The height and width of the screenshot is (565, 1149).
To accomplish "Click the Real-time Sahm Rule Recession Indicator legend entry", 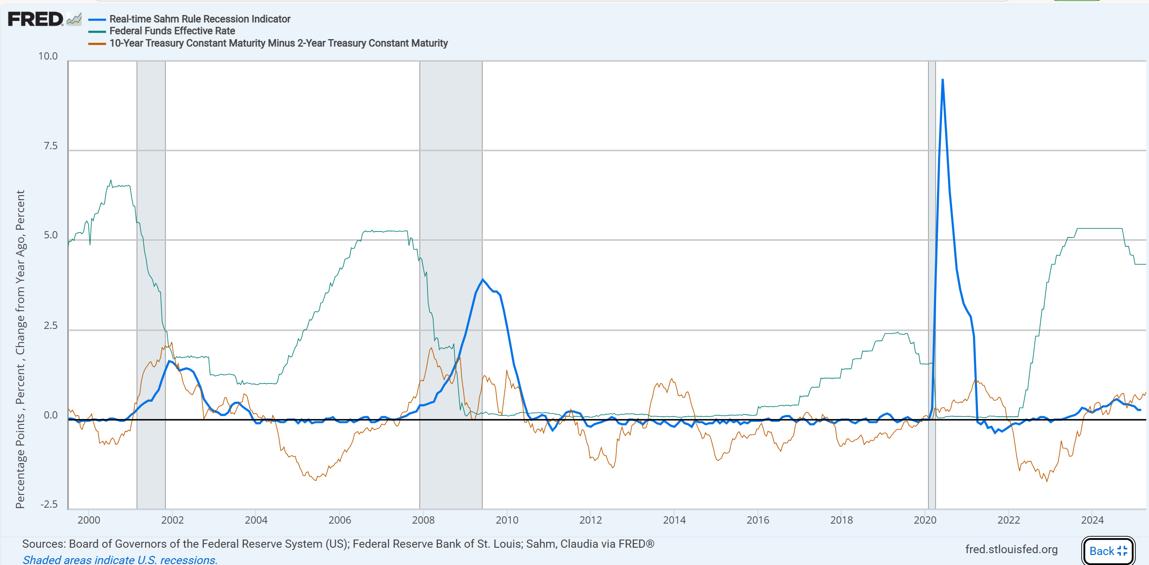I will tap(200, 19).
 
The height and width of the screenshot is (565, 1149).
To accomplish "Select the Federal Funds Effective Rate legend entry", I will tap(172, 31).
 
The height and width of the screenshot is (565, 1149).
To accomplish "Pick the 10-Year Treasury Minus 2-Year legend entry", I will tap(278, 43).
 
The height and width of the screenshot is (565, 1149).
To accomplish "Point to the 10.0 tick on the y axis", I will tap(48, 56).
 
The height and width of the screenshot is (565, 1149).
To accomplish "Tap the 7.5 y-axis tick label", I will tap(50, 146).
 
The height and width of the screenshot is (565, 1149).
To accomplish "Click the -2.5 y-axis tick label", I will tap(49, 504).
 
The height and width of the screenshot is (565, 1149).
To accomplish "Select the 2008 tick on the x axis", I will tap(423, 520).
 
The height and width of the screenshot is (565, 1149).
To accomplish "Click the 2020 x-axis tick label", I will tap(925, 520).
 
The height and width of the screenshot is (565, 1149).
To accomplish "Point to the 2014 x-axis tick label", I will tap(674, 520).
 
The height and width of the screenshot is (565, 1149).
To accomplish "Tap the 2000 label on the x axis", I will tap(89, 520).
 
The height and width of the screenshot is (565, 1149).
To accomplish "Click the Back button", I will tap(1108, 551).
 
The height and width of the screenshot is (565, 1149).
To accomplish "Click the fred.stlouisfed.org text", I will tap(1011, 550).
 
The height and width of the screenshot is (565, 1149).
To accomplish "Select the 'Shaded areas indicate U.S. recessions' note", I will tap(120, 560).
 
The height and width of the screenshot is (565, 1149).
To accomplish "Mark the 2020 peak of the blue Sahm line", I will tap(942, 80).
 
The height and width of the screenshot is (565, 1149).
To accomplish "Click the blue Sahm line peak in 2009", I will tap(483, 279).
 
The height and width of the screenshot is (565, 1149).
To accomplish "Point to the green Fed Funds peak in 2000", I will tap(111, 181).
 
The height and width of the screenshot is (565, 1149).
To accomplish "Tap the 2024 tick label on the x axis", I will tap(1092, 520).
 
